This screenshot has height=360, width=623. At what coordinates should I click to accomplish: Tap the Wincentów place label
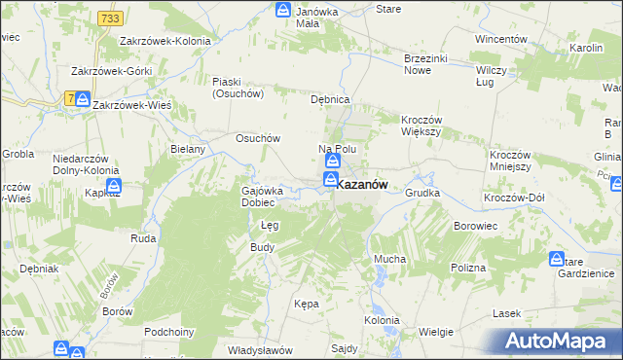coord(500,40)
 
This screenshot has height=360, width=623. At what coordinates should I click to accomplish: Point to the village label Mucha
coord(389,259)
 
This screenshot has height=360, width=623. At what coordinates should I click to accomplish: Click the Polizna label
coord(467,267)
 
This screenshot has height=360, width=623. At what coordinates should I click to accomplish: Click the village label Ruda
coord(143,236)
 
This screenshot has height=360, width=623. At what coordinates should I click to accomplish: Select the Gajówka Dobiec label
coord(260,197)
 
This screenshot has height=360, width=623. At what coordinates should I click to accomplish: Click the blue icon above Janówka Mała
coord(282,11)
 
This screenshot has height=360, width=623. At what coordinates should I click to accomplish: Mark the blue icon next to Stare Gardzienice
coord(557,259)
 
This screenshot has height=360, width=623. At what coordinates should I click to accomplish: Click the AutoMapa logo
coord(558,341)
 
